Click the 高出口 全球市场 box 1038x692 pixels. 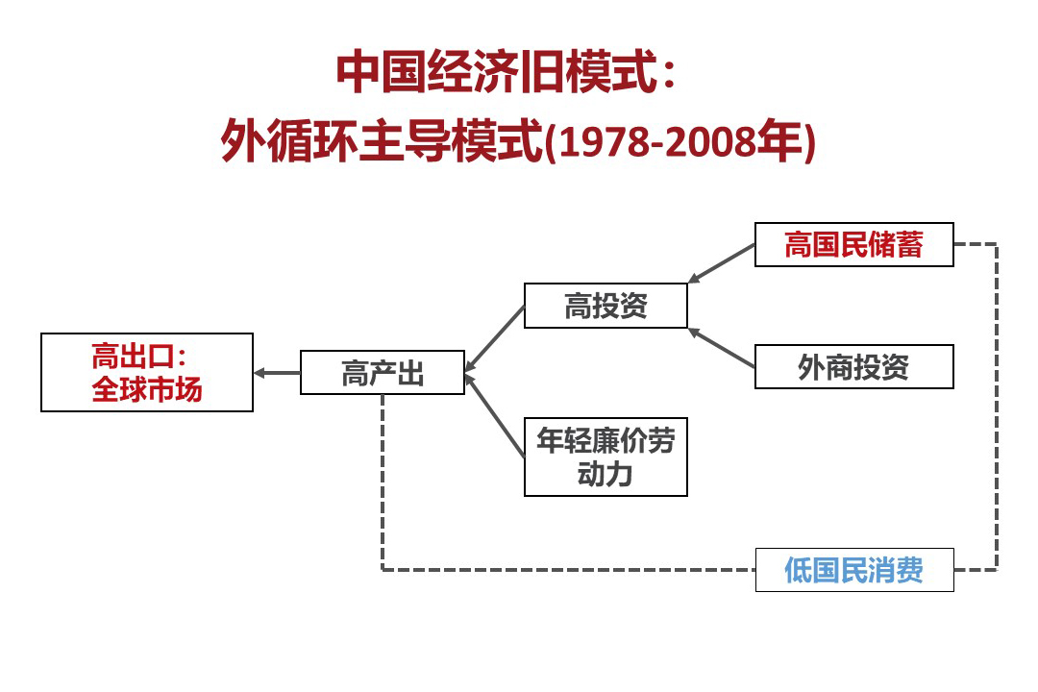tap(147, 372)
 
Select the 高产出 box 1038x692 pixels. tap(383, 372)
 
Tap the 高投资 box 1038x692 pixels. tap(605, 306)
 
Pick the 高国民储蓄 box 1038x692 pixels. tap(854, 244)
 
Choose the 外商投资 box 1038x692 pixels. tap(854, 366)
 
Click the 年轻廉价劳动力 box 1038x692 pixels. tap(605, 457)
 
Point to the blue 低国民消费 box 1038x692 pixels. tap(854, 570)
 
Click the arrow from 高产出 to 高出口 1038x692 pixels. tap(277, 373)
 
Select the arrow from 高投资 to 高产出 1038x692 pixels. tap(495, 338)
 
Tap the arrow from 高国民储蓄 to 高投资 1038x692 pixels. tap(722, 263)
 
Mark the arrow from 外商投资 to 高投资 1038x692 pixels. tap(722, 347)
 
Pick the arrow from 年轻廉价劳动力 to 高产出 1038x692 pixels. tap(495, 414)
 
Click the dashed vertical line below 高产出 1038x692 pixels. tap(383, 482)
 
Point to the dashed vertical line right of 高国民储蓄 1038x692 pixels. tap(997, 407)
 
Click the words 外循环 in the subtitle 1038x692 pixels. tap(289, 140)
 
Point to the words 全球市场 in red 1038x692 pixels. tap(147, 389)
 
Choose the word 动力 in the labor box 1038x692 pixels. tap(605, 474)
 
